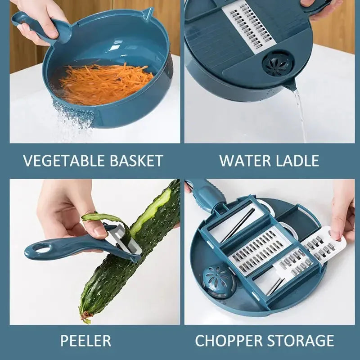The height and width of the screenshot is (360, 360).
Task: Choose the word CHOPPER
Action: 229,340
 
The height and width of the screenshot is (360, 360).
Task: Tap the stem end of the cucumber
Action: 85,312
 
